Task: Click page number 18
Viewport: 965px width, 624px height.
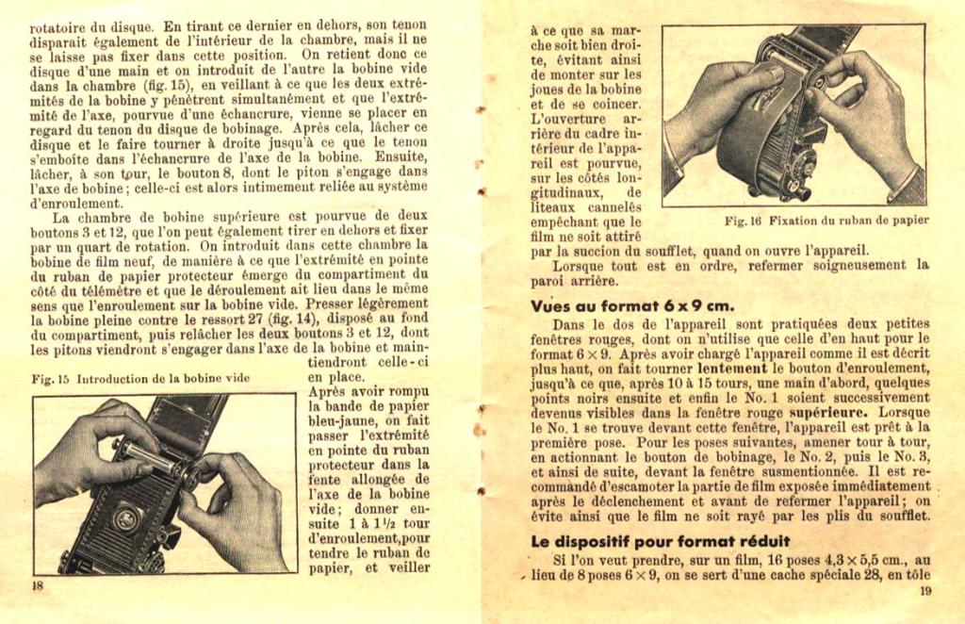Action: click(39, 585)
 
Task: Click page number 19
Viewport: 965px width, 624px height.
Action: click(925, 591)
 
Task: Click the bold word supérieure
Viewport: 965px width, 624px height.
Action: click(826, 412)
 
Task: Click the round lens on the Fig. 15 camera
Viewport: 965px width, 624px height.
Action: click(125, 518)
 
